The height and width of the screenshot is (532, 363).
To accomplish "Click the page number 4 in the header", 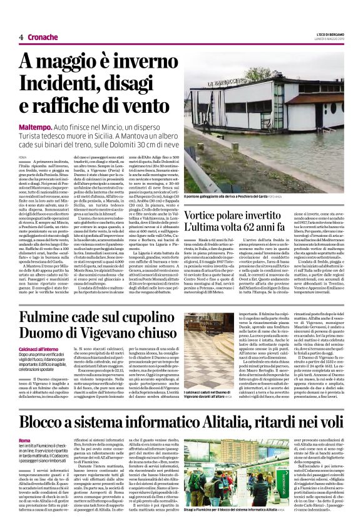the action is [x=21, y=38].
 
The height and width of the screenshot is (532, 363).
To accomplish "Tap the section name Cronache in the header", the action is [x=43, y=38].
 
